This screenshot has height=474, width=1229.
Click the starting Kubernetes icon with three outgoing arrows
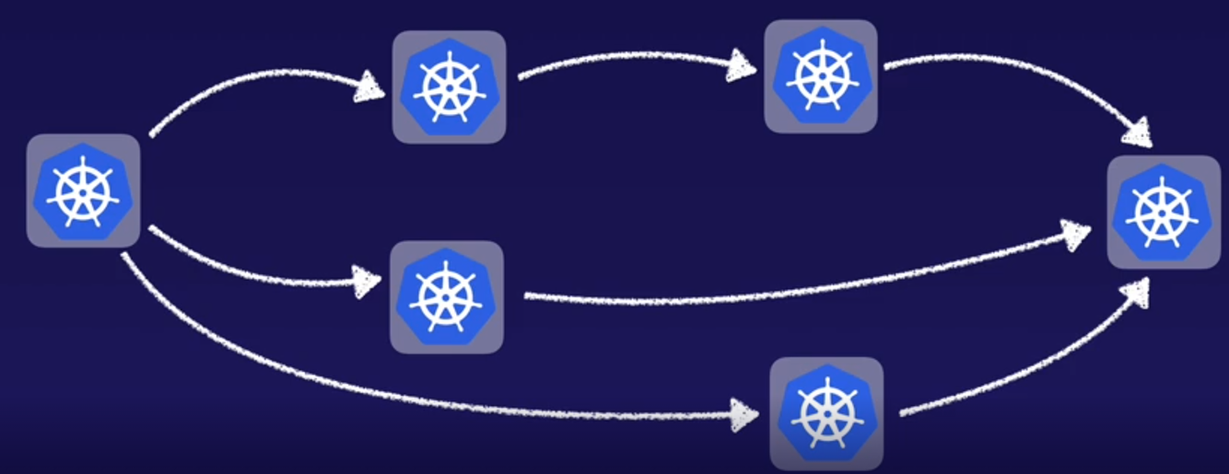pos(83,191)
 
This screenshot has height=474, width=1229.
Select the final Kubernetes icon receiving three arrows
pos(1163,212)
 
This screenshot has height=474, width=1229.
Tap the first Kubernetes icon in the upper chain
pos(449,87)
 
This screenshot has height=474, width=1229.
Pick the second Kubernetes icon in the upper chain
pos(820,75)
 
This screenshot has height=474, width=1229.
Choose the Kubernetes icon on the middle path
pos(446,296)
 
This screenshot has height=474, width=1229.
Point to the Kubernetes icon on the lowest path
pos(826,413)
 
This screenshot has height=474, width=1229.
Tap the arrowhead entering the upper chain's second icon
pos(743,65)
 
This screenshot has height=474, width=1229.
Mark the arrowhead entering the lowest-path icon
pos(744,413)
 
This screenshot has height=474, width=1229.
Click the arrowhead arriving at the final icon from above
pos(1139,133)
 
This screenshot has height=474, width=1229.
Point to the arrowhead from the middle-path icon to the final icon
pos(1076,235)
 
